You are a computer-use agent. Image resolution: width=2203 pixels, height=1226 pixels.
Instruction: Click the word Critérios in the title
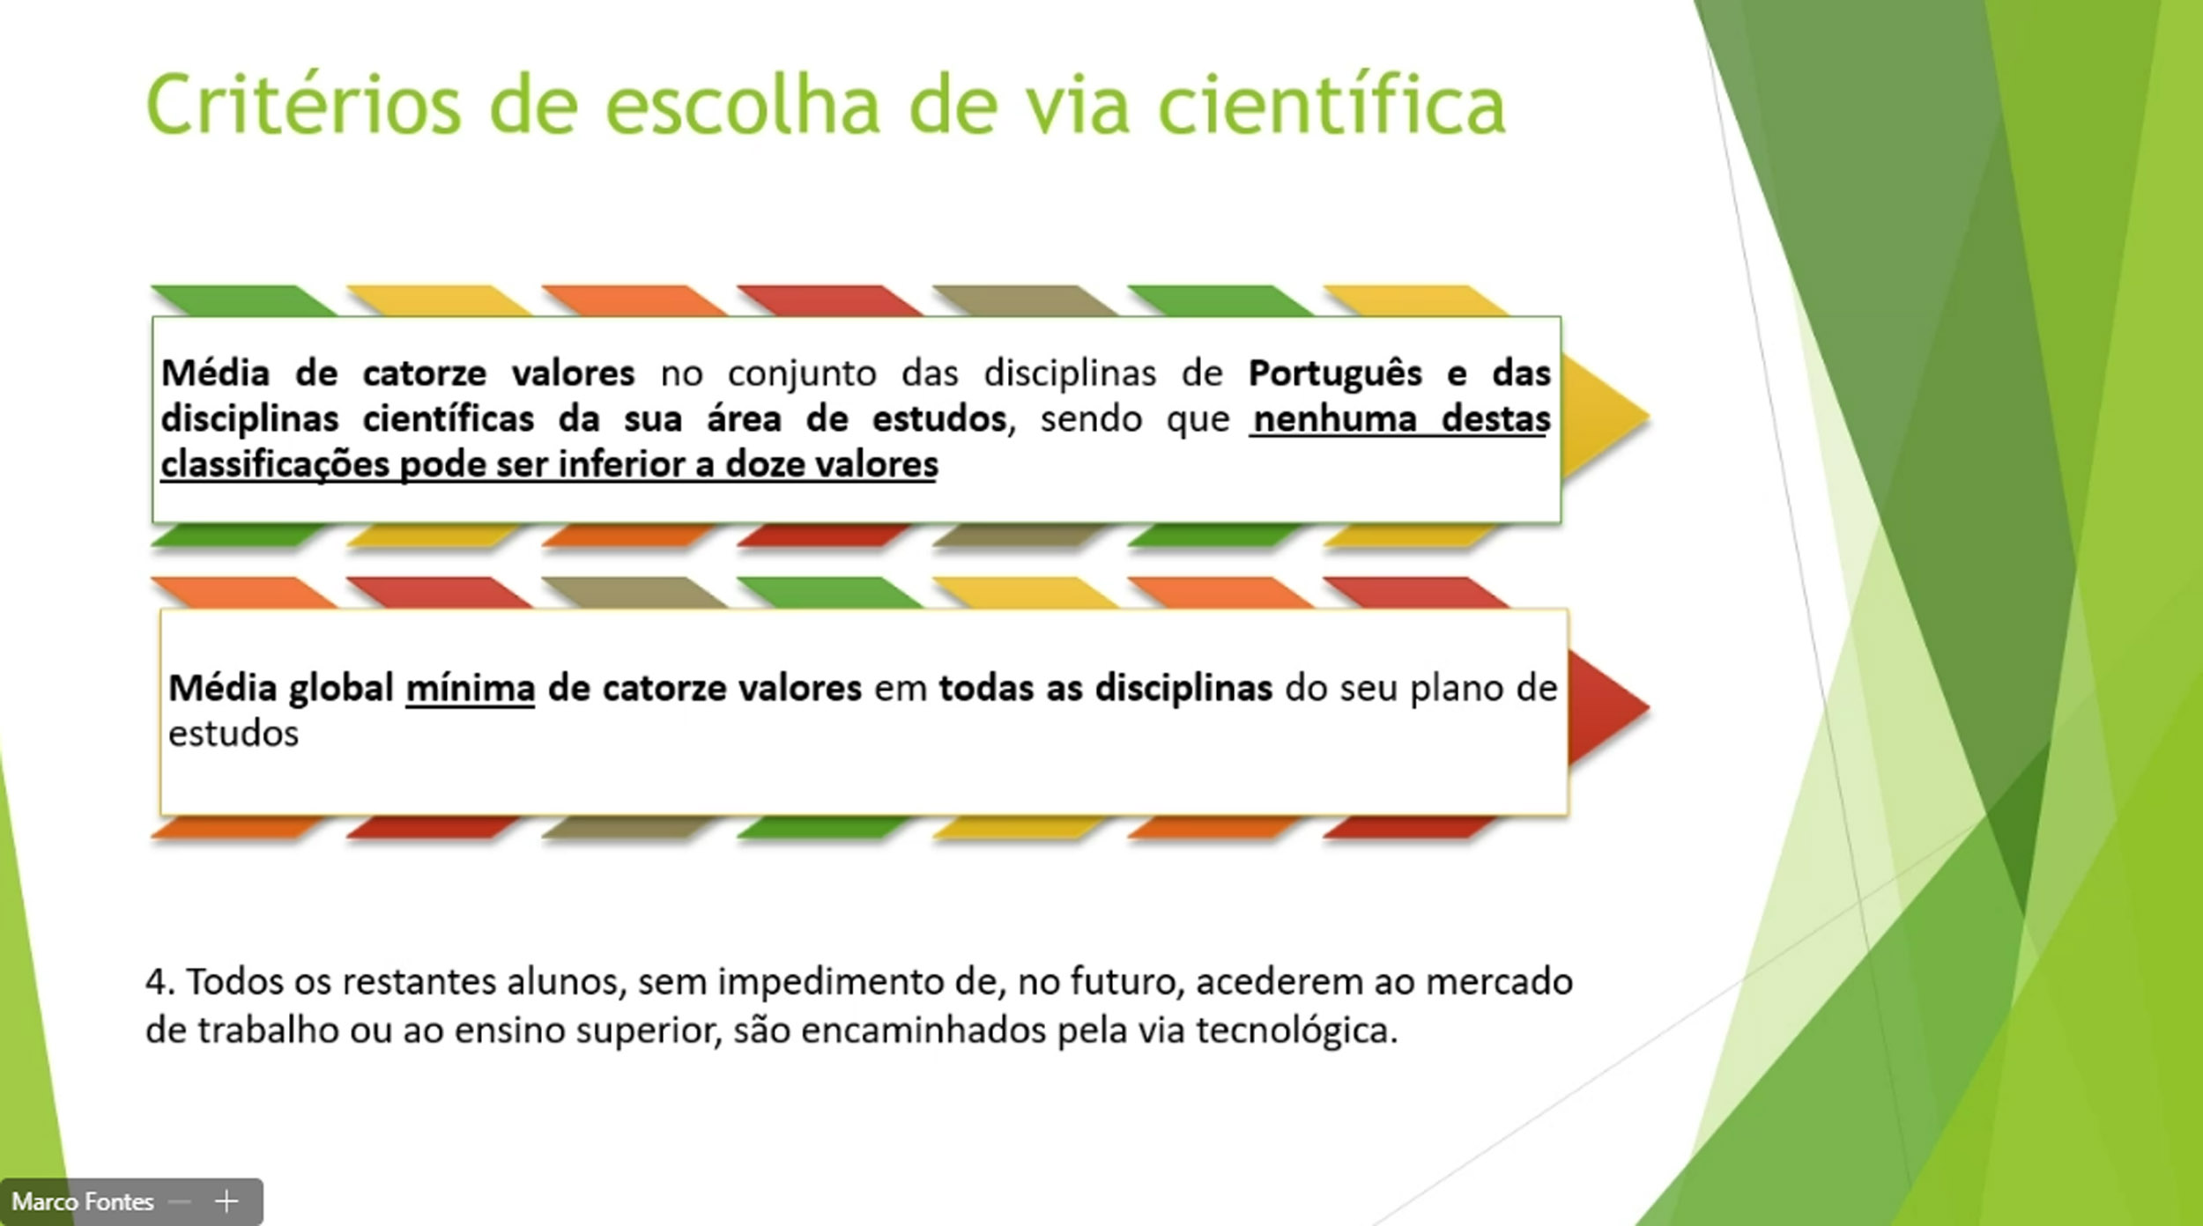[x=303, y=105]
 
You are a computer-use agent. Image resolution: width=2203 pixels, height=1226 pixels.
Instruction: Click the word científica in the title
[x=1331, y=105]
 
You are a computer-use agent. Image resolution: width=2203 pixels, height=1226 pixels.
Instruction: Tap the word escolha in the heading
[x=743, y=105]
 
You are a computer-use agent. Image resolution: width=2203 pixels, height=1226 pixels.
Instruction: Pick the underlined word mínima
[x=471, y=688]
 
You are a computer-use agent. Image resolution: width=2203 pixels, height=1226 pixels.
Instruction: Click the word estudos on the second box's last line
[x=234, y=734]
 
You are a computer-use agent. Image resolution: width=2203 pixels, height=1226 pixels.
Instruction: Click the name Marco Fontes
[x=83, y=1201]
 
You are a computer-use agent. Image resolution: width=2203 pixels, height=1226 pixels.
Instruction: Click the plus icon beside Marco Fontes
[x=226, y=1201]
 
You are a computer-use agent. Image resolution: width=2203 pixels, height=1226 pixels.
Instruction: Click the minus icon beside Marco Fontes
[x=180, y=1202]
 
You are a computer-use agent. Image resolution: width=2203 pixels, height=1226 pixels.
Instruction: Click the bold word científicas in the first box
[x=449, y=419]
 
